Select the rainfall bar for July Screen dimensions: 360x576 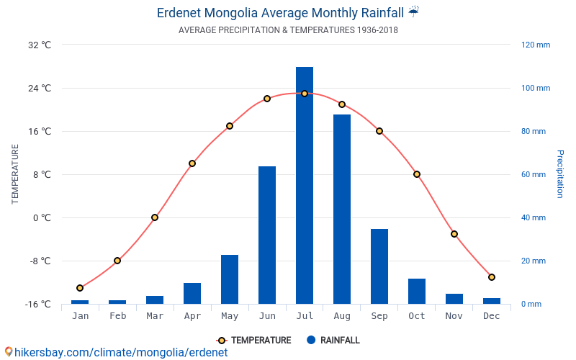(305, 185)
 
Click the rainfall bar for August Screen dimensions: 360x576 (342, 209)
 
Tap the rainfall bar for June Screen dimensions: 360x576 (267, 235)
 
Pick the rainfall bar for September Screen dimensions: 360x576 (379, 266)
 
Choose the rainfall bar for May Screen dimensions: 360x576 (230, 279)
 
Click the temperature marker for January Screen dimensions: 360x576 (80, 288)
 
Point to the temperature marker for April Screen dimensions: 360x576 (192, 163)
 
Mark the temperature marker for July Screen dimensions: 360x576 (305, 94)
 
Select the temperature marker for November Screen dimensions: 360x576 (454, 234)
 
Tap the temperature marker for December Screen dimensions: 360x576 (492, 277)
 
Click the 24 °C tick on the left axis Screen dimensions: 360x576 (40, 88)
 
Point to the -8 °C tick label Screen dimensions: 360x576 (40, 261)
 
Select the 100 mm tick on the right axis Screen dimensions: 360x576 (535, 88)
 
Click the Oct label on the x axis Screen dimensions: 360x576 (417, 316)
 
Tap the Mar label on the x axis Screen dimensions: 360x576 (155, 316)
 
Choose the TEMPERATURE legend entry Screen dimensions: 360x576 (254, 341)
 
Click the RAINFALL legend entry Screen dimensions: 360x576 (333, 341)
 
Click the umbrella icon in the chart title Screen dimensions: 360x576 (413, 12)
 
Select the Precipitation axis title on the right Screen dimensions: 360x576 (559, 174)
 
